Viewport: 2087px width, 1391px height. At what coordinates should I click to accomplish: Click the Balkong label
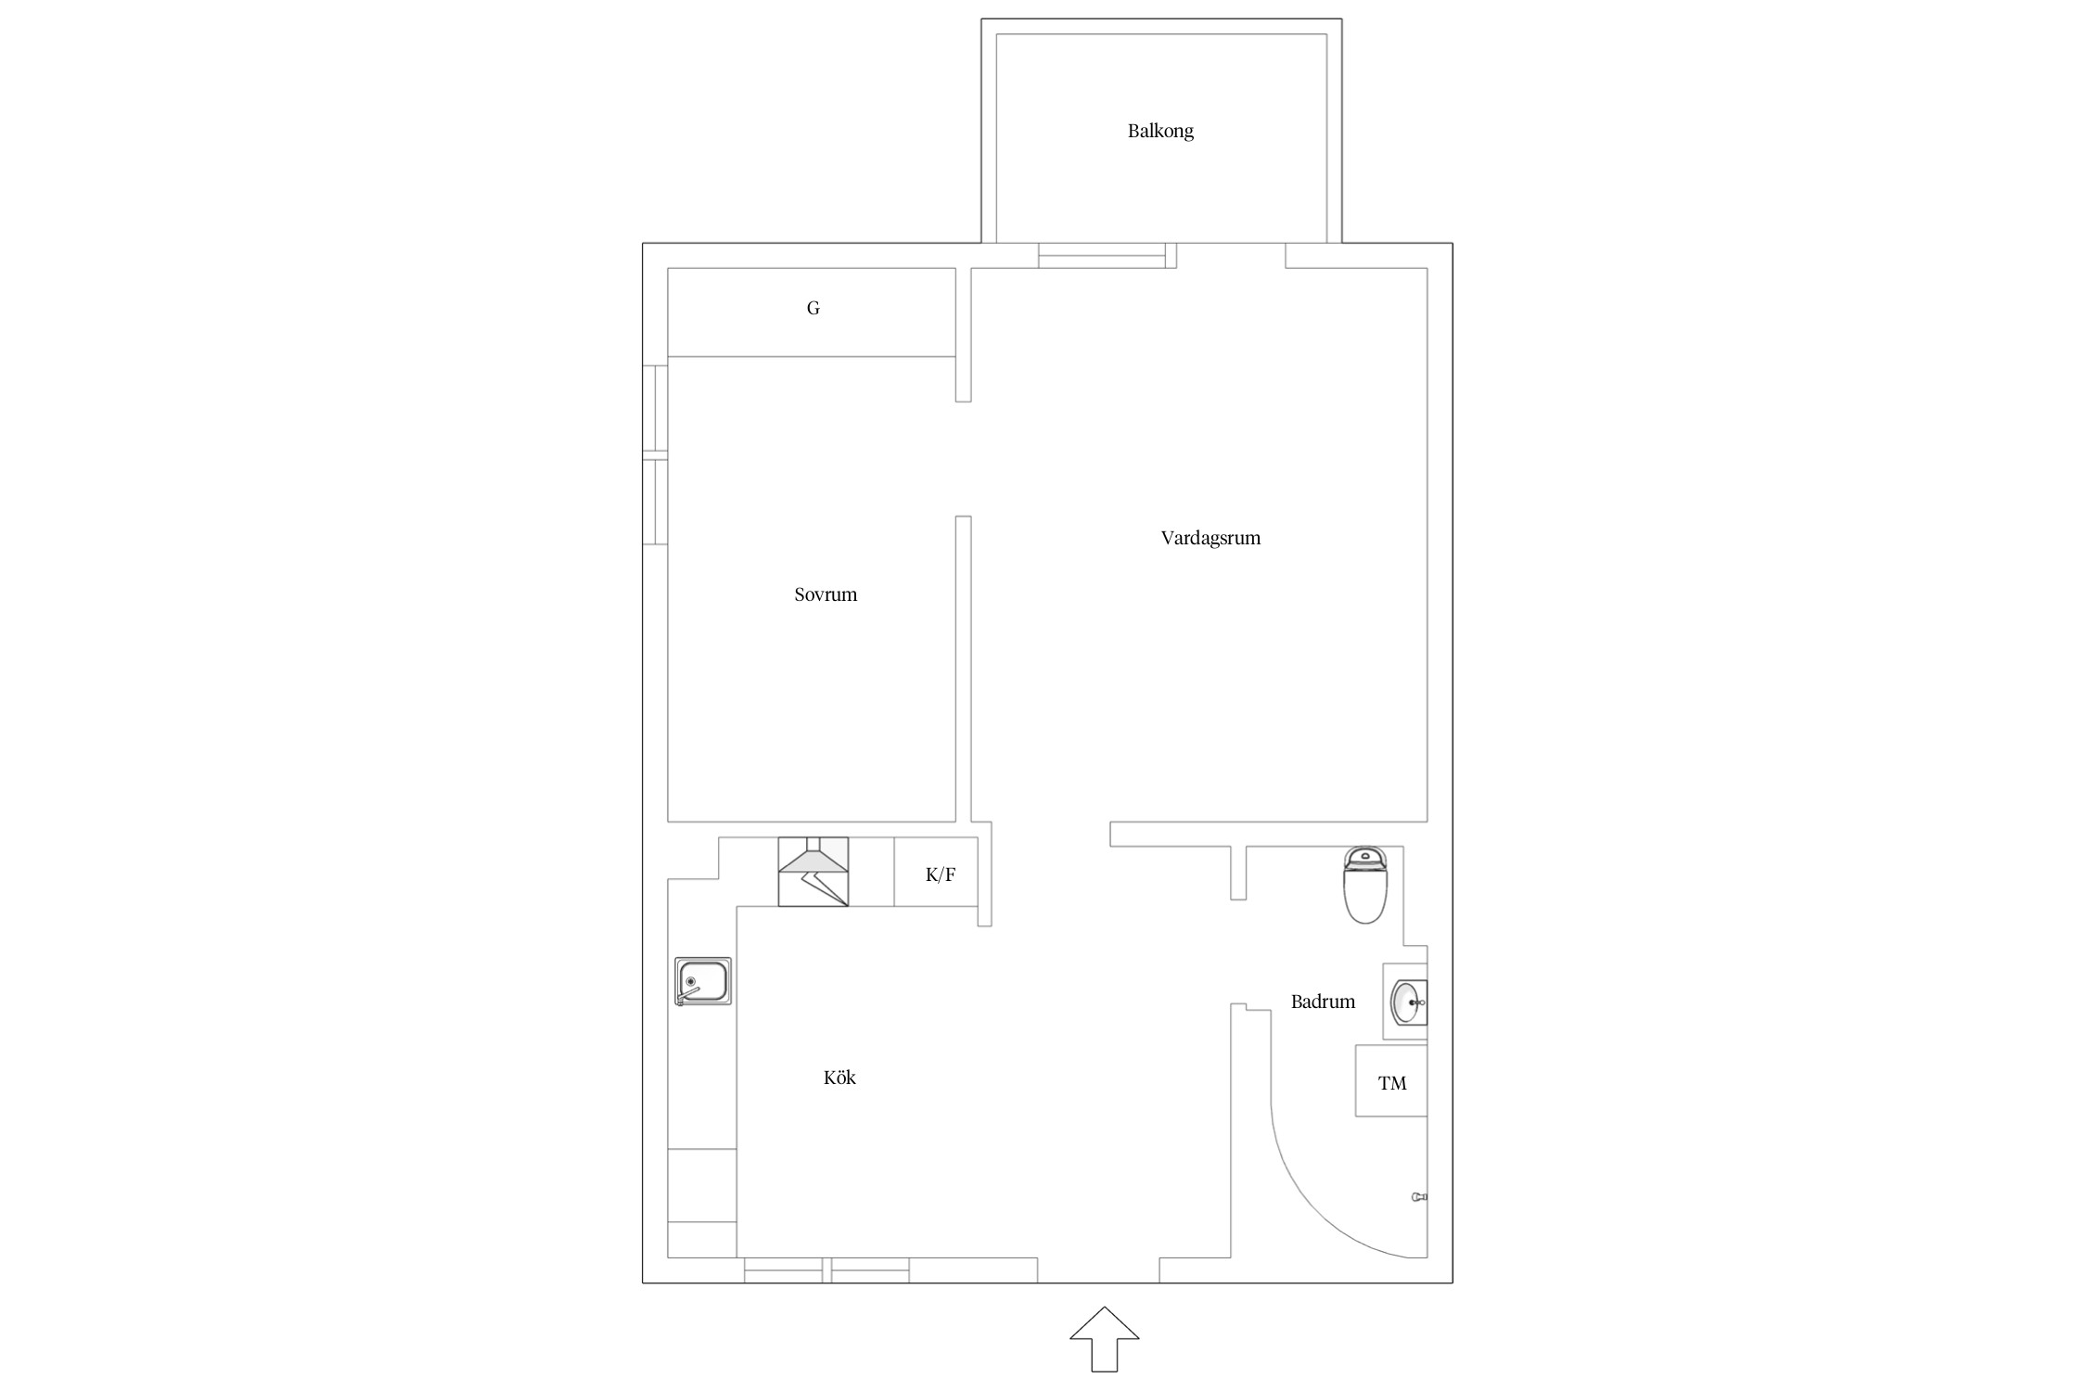(1160, 131)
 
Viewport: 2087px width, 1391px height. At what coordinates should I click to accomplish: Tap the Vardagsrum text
(1210, 538)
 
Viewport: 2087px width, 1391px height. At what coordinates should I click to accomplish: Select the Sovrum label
(826, 594)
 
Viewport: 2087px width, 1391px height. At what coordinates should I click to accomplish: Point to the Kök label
(839, 1078)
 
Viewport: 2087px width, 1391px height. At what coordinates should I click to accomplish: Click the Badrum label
(1323, 1002)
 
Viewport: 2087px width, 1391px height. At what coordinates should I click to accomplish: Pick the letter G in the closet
(813, 308)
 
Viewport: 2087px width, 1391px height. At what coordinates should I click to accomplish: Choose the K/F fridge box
(936, 872)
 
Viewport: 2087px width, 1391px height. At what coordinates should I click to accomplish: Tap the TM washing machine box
(1391, 1080)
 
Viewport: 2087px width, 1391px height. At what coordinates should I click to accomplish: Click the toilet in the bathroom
(1365, 885)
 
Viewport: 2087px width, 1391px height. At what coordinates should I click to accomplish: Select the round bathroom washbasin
(1409, 1002)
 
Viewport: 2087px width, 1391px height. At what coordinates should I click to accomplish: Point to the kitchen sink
(703, 982)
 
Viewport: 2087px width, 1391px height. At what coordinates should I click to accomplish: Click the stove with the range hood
(813, 872)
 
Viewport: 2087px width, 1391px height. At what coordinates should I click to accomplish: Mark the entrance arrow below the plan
(1104, 1339)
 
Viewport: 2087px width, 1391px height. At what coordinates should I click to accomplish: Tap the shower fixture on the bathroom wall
(1419, 1197)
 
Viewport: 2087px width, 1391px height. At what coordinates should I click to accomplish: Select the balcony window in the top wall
(1102, 256)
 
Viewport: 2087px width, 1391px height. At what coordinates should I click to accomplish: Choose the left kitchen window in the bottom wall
(784, 1270)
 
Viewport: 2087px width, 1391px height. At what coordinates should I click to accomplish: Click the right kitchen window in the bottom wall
(870, 1270)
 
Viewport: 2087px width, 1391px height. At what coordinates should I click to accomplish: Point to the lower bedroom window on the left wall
(655, 502)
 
